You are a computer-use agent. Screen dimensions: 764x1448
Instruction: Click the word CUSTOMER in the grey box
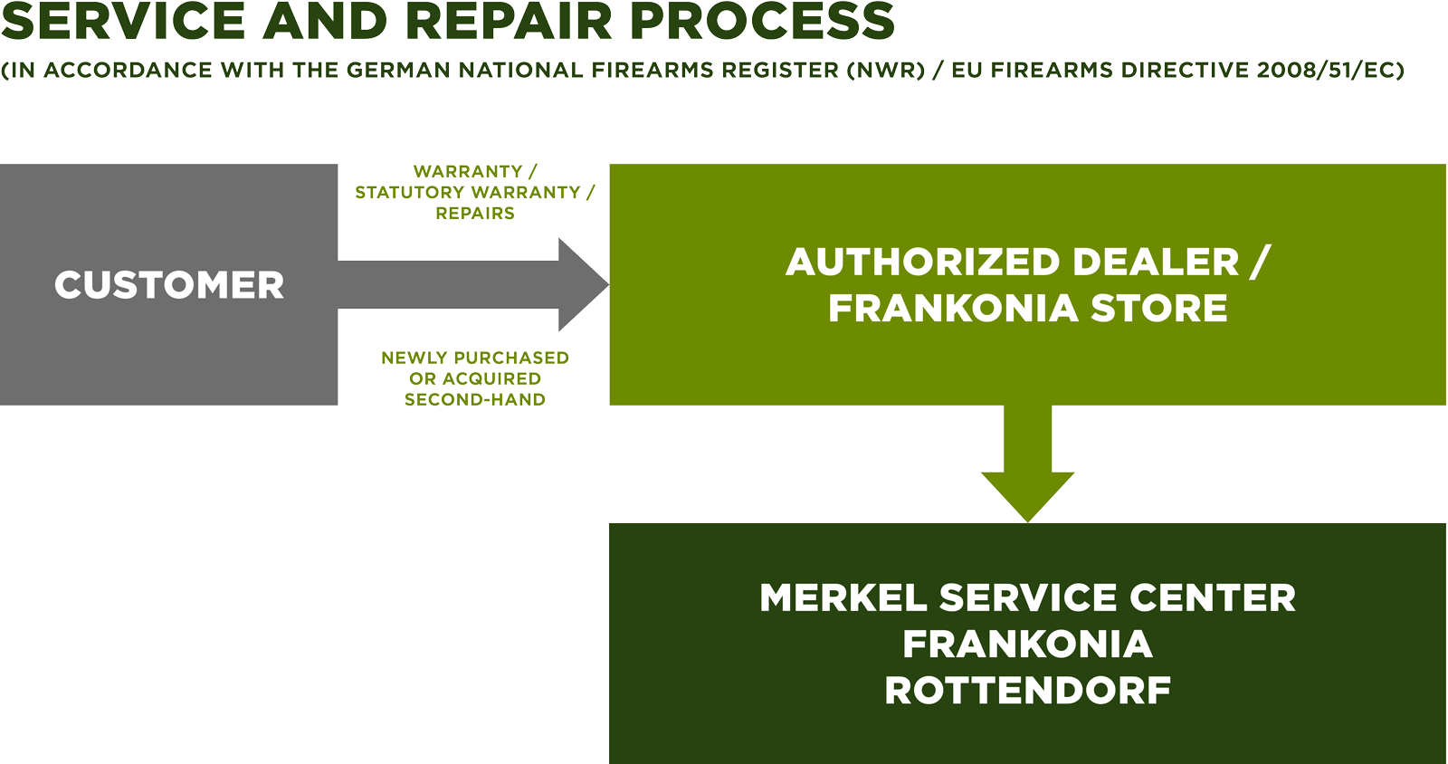169,285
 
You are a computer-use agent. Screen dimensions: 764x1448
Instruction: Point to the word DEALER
1156,263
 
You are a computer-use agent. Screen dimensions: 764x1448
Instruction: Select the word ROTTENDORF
1027,691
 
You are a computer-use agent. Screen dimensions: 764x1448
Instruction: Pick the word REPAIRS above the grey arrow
475,214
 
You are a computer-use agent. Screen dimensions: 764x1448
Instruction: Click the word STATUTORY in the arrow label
409,193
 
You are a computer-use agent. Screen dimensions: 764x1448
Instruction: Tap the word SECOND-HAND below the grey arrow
475,400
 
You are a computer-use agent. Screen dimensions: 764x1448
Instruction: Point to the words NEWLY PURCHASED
475,358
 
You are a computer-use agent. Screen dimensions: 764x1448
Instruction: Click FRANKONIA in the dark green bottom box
1027,645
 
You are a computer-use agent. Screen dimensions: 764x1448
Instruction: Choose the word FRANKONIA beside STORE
953,309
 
